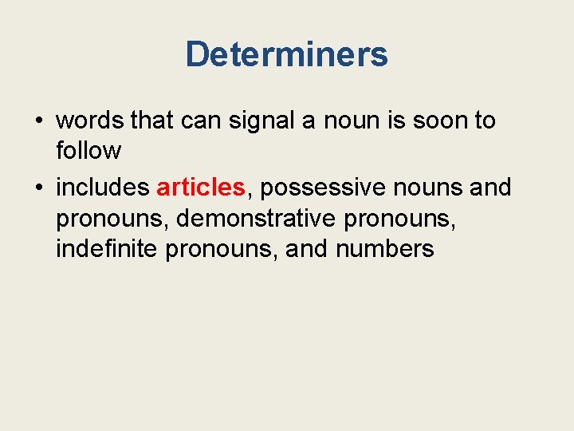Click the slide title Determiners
click(286, 54)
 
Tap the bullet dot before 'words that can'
click(38, 121)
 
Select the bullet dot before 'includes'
click(38, 188)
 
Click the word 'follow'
click(88, 150)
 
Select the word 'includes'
click(103, 188)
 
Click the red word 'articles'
click(201, 188)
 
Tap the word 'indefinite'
click(108, 248)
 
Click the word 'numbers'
click(384, 248)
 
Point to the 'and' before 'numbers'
click(307, 248)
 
